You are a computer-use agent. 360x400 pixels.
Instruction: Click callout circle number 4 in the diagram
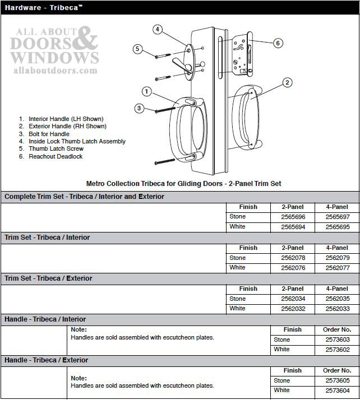pos(158,29)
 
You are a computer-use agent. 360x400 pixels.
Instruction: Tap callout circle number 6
pos(278,43)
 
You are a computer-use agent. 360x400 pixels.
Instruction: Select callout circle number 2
pos(287,83)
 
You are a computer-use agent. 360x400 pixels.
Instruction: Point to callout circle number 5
pos(137,49)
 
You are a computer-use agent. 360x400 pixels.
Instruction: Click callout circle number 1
pos(146,91)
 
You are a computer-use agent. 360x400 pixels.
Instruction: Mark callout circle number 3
pos(139,108)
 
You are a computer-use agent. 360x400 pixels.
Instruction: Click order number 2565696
pos(292,217)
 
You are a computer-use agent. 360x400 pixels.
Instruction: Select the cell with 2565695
pos(337,227)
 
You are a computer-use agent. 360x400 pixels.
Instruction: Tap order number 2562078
pos(292,258)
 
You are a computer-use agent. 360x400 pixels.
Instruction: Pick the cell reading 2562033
pos(337,309)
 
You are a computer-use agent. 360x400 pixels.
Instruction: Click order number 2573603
pos(337,339)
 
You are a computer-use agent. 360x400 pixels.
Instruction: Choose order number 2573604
pos(337,390)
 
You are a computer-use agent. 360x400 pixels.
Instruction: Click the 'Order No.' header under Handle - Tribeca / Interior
pos(337,330)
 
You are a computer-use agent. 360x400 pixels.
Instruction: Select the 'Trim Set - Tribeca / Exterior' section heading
pos(49,278)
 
